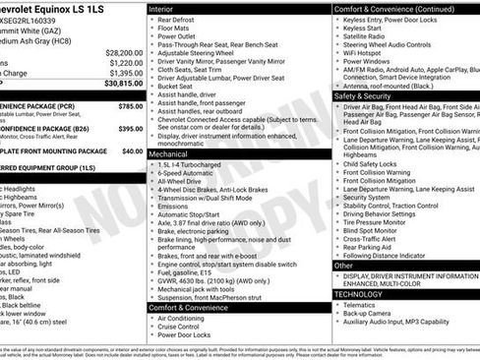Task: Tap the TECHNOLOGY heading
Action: point(358,293)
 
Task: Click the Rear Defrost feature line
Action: point(181,20)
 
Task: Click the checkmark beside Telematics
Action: point(339,305)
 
